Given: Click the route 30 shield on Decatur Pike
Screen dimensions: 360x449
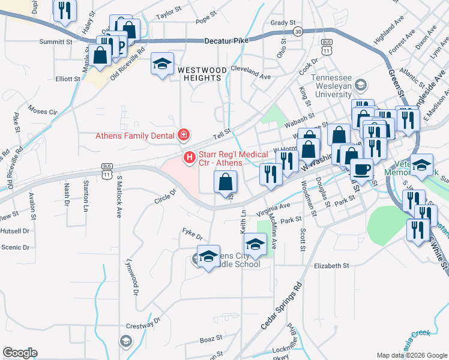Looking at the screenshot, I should click(x=297, y=31).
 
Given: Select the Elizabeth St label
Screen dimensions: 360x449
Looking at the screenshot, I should click(x=331, y=265).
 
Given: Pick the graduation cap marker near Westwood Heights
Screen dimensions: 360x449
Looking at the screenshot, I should click(x=161, y=65).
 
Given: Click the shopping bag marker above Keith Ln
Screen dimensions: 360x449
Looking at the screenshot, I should click(x=225, y=181).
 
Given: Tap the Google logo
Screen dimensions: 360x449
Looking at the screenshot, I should click(x=20, y=353).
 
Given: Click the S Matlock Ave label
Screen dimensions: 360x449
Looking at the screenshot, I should click(x=119, y=196).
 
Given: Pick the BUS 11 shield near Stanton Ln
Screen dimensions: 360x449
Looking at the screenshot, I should click(x=107, y=170).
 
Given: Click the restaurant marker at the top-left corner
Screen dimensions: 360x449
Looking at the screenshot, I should click(x=65, y=10).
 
